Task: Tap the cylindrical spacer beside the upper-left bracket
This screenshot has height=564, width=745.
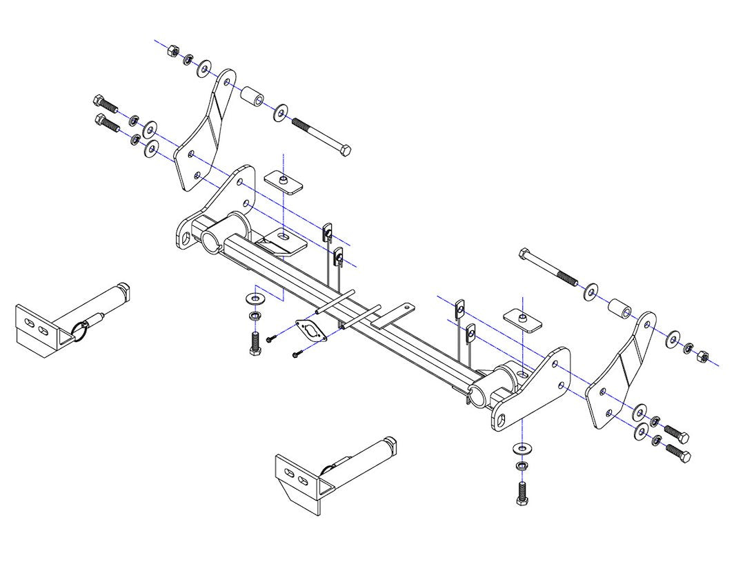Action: pyautogui.click(x=252, y=98)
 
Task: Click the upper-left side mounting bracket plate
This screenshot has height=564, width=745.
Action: pyautogui.click(x=205, y=131)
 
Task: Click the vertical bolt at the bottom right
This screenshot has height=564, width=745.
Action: pyautogui.click(x=523, y=492)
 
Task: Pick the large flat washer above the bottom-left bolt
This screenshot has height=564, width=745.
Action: pyautogui.click(x=253, y=298)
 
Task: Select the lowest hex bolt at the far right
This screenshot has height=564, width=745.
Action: pyautogui.click(x=677, y=452)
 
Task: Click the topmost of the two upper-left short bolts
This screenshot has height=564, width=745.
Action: pyautogui.click(x=106, y=103)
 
